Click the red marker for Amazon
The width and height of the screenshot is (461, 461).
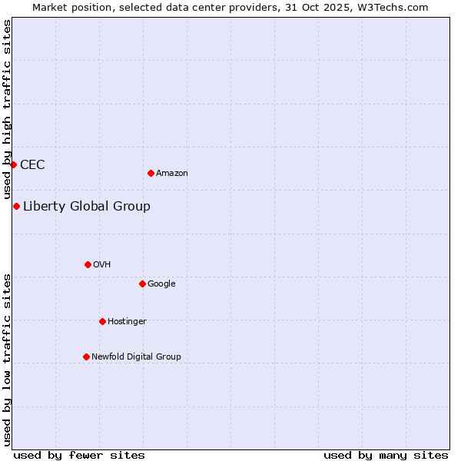pos(151,173)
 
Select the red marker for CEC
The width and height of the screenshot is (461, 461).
pos(13,164)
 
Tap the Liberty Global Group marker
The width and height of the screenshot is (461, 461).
pos(16,206)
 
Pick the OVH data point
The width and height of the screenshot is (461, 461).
pos(88,264)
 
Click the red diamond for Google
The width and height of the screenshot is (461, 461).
pos(142,284)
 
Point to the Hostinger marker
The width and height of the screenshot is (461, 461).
pos(102,321)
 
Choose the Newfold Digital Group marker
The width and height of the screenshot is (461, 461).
pos(86,357)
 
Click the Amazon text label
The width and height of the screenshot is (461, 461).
pos(172,174)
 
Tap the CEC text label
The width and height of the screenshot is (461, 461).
pos(32,164)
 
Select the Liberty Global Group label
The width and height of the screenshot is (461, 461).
pos(87,206)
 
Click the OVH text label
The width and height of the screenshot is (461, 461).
pos(102,265)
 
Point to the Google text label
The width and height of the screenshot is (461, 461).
pos(161,284)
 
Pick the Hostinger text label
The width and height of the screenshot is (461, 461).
pos(127,322)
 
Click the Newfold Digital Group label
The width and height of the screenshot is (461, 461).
pos(136,357)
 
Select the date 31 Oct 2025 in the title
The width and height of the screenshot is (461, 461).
pos(332,7)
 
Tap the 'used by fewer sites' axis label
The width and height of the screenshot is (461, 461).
pos(79,455)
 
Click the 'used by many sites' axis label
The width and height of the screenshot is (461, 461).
pos(386,455)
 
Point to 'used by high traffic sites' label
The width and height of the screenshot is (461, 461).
pos(7,110)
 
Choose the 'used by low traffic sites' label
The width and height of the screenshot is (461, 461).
pos(7,360)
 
